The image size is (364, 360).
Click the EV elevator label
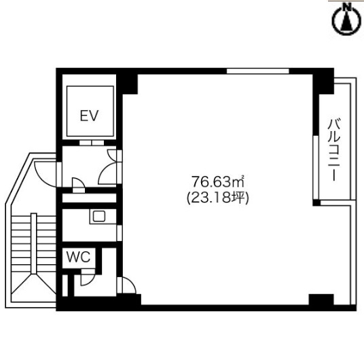coord(90,115)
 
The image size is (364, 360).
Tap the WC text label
coord(78,257)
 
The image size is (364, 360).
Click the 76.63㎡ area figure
coord(218,181)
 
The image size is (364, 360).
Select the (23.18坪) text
coord(218,198)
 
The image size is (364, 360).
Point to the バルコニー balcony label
coord(334,149)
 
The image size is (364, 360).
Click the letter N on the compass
coord(347,7)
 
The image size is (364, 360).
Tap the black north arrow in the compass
coord(347,22)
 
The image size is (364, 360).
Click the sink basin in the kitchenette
coord(99,217)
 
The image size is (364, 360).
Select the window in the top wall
coord(257,71)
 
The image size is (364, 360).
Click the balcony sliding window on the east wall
coord(316,167)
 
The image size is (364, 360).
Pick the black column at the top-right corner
coord(323,82)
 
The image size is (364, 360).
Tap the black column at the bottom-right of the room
coord(321,300)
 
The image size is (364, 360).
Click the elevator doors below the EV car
coord(92,143)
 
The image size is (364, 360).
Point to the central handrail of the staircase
coord(34,243)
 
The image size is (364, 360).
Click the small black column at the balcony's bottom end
coord(316,202)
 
